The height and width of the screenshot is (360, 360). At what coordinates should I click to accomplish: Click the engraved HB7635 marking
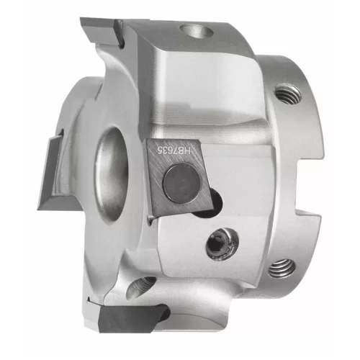tap(174, 151)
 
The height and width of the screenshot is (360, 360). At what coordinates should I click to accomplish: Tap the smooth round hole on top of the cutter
tap(197, 32)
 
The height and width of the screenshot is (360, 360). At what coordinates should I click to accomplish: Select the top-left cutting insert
tap(101, 31)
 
